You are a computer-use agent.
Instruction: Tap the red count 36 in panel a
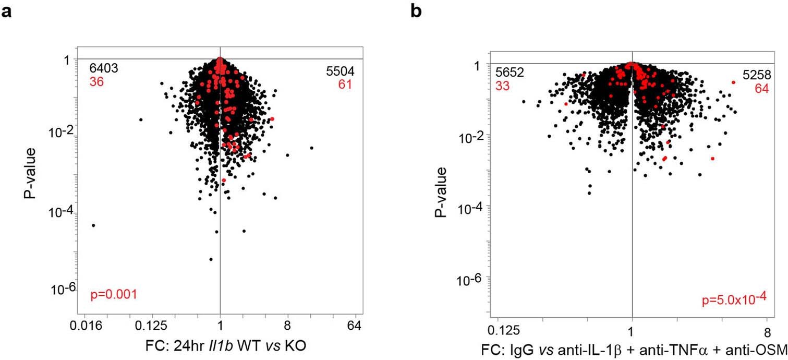coord(95,82)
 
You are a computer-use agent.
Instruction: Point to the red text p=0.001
coord(113,295)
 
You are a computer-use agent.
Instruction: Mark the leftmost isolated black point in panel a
coord(93,225)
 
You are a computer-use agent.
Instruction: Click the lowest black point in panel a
coord(211,259)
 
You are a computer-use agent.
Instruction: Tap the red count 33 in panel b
coord(503,86)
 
